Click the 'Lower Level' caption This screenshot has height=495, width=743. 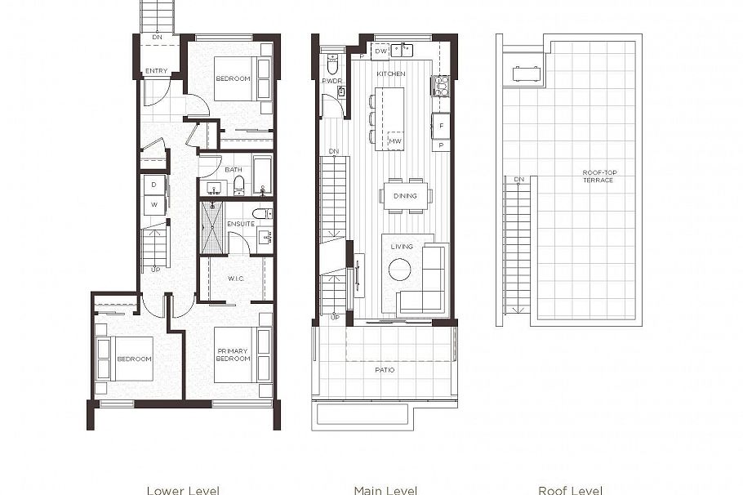pyautogui.click(x=183, y=490)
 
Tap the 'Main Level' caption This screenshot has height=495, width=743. pyautogui.click(x=385, y=490)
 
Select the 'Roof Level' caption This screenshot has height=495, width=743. pyautogui.click(x=570, y=490)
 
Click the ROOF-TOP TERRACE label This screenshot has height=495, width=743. pyautogui.click(x=598, y=176)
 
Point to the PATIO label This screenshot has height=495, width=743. pyautogui.click(x=385, y=370)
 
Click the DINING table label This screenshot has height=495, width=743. pyautogui.click(x=405, y=195)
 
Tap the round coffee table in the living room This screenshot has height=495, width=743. pyautogui.click(x=400, y=270)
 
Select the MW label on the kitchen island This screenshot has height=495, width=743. pyautogui.click(x=394, y=141)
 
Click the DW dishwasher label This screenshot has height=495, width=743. pyautogui.click(x=379, y=51)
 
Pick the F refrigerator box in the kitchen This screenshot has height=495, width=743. pyautogui.click(x=441, y=126)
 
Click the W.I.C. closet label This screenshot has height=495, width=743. pyautogui.click(x=235, y=279)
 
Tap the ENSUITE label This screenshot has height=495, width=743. pyautogui.click(x=240, y=223)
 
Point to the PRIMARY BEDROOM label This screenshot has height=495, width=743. pyautogui.click(x=233, y=355)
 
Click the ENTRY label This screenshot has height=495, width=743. pyautogui.click(x=156, y=71)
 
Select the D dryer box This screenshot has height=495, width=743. pyautogui.click(x=153, y=185)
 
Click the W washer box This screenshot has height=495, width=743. pyautogui.click(x=153, y=205)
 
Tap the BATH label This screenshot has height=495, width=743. pyautogui.click(x=234, y=170)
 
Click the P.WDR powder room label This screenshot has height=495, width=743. pyautogui.click(x=331, y=81)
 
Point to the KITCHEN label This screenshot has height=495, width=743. pyautogui.click(x=390, y=74)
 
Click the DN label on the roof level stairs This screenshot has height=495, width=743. pyautogui.click(x=518, y=179)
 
